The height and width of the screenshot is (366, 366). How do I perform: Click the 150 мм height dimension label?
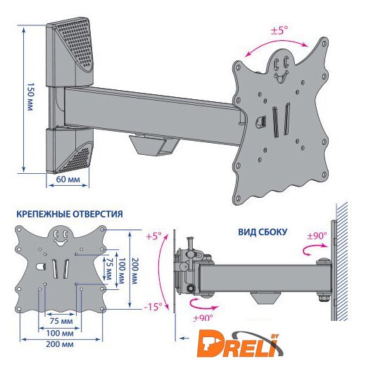[x=30, y=96]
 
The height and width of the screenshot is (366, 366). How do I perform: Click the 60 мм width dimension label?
[x=68, y=179]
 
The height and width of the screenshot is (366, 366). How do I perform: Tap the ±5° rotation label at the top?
[x=279, y=30]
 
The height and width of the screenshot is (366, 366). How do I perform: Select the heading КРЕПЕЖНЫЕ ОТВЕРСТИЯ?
[x=70, y=214]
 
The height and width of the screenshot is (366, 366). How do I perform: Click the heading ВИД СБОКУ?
[x=263, y=232]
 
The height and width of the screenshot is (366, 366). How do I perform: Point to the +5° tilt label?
[x=153, y=236]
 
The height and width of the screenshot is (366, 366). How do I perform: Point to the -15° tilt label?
[x=153, y=307]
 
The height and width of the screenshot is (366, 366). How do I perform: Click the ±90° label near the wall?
[x=317, y=236]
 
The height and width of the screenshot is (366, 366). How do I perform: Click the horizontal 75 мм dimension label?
[x=61, y=321]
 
